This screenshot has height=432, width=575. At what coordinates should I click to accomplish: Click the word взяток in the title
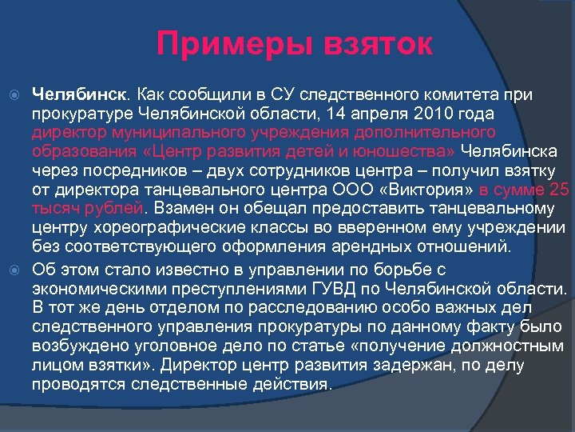[x=375, y=44]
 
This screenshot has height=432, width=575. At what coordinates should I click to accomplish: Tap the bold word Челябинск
[x=77, y=95]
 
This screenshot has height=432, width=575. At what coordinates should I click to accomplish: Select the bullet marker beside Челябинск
[x=14, y=95]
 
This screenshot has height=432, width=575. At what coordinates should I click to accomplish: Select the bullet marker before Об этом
[x=14, y=270]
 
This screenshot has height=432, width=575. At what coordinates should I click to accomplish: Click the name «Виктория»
[x=428, y=190]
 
